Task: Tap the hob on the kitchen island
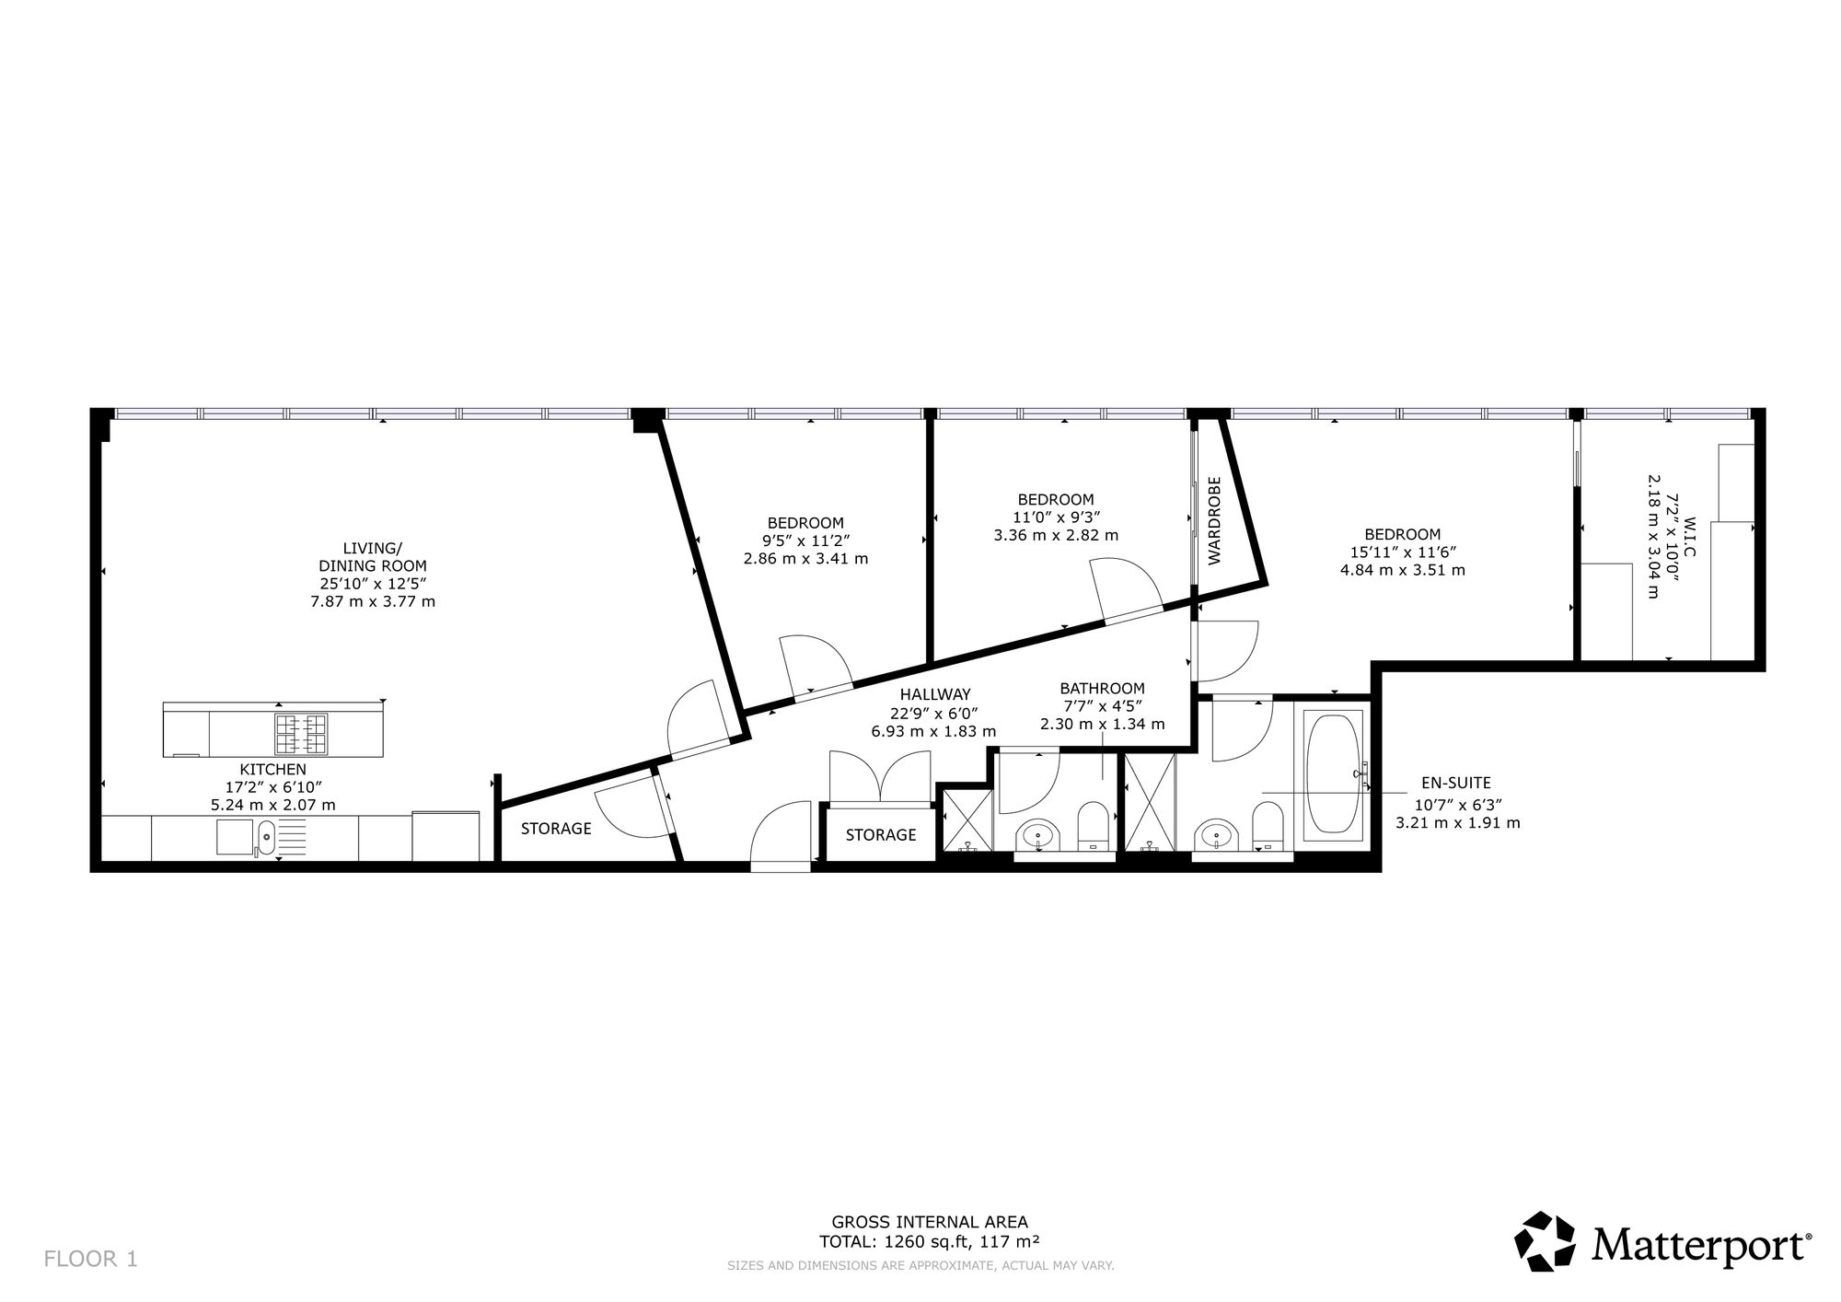pyautogui.click(x=301, y=734)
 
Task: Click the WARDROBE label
pyautogui.click(x=1214, y=520)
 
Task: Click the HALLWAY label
pyautogui.click(x=935, y=694)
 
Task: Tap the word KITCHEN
pyautogui.click(x=273, y=769)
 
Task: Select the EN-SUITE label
pyautogui.click(x=1456, y=784)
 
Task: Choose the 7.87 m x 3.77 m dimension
pyautogui.click(x=373, y=601)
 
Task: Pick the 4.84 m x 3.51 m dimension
pyautogui.click(x=1403, y=570)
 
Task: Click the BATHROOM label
pyautogui.click(x=1103, y=688)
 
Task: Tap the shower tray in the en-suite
pyautogui.click(x=1150, y=802)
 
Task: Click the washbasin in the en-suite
pyautogui.click(x=1216, y=837)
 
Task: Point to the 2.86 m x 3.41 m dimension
pyautogui.click(x=805, y=558)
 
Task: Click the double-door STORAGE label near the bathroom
pyautogui.click(x=881, y=834)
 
